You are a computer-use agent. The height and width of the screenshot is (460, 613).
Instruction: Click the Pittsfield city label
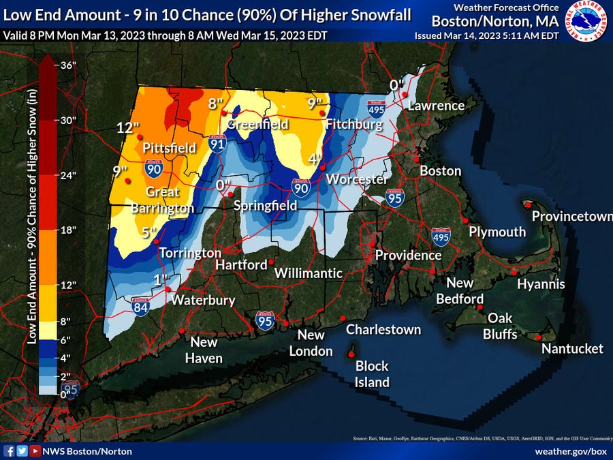coord(169,148)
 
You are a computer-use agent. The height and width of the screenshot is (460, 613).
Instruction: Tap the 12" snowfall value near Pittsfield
coord(127,128)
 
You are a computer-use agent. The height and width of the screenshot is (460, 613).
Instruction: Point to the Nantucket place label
coord(572,349)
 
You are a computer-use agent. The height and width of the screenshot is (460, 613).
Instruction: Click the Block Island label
coord(371,374)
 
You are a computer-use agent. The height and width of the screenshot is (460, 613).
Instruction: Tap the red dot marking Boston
coord(417,159)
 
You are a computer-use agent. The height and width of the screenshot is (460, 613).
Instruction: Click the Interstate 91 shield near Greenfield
coord(217,143)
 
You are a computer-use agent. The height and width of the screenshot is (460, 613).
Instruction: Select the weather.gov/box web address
coord(570,451)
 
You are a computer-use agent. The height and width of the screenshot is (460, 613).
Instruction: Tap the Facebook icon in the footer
coord(10,451)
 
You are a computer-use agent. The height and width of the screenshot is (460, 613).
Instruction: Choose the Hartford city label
coord(241,264)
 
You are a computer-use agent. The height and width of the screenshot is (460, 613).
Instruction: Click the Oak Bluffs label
coord(500,326)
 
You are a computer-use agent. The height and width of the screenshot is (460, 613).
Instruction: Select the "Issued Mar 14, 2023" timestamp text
coord(486,35)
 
